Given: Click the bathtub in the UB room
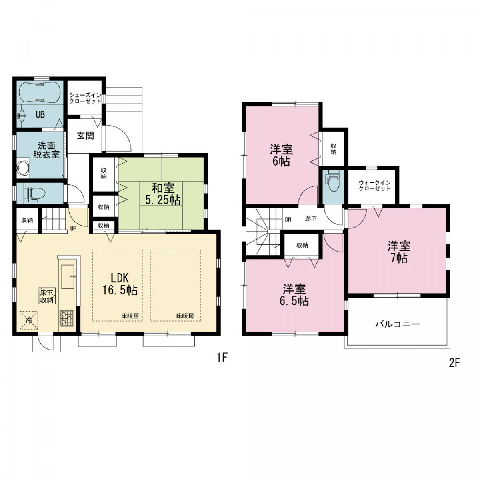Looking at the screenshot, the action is (39, 92).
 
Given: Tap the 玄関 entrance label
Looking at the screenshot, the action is (85, 136).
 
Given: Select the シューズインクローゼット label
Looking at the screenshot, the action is (85, 98).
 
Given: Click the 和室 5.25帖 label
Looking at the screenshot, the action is (163, 194).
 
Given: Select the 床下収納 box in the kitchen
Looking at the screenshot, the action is (47, 296).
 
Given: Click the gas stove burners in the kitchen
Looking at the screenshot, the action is (67, 318).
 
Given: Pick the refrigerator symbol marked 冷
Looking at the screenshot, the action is (29, 320).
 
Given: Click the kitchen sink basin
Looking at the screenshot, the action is (68, 277).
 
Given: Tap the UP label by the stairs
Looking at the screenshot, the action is (73, 228).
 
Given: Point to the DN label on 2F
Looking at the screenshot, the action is (288, 220).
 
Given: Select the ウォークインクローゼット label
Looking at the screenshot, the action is (374, 186).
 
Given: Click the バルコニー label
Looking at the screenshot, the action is (398, 324).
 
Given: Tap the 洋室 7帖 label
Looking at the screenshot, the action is (398, 252).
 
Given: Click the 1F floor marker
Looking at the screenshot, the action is (222, 358).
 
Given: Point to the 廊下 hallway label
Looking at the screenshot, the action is (311, 218).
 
